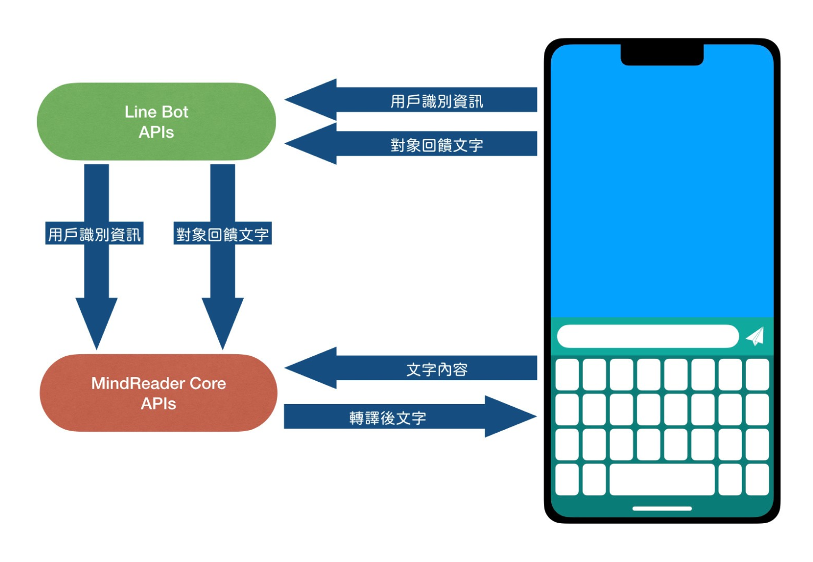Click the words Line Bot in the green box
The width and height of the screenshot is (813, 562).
click(x=156, y=112)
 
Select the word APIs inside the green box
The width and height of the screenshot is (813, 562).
click(x=156, y=132)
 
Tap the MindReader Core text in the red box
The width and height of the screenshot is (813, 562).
click(x=158, y=383)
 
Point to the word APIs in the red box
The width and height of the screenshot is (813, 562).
click(x=158, y=404)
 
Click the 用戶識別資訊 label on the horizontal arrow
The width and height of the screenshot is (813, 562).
click(x=437, y=101)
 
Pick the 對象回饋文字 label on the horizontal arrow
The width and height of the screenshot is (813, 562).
click(x=437, y=145)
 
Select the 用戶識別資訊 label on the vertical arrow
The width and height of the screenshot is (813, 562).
click(x=95, y=234)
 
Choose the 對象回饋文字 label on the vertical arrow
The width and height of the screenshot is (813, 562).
click(x=222, y=234)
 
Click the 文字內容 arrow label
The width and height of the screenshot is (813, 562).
click(x=437, y=370)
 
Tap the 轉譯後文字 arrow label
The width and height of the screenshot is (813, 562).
click(x=388, y=418)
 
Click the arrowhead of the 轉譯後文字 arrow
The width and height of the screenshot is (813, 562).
click(x=507, y=416)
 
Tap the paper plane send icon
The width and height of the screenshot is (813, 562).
click(x=755, y=336)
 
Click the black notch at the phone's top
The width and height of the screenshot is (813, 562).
click(x=662, y=55)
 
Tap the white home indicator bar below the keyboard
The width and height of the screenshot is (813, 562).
click(x=662, y=508)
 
